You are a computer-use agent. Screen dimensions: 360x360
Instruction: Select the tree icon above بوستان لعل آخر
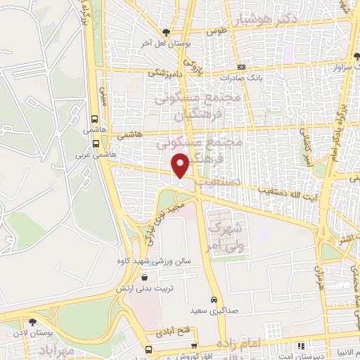coord(166,32)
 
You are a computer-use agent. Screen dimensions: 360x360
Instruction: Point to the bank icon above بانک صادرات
coord(242,67)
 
